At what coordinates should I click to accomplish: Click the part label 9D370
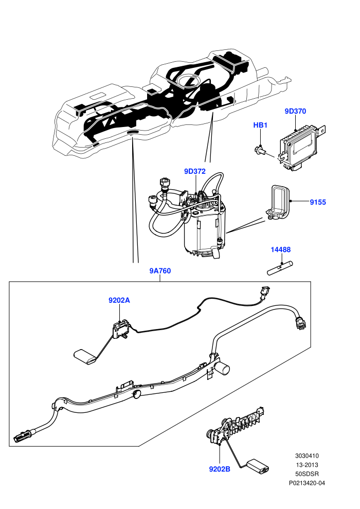295,111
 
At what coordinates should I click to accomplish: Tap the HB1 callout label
260,125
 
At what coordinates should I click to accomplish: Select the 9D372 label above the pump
195,171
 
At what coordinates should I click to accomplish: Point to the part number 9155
317,202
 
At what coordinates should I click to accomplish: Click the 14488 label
280,250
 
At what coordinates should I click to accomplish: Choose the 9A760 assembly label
160,271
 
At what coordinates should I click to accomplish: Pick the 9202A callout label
119,300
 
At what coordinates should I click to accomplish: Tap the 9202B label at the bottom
220,469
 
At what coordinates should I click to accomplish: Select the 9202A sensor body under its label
120,330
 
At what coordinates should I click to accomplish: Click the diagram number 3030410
307,456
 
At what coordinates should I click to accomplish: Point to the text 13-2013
307,465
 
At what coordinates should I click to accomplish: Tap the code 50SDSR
307,474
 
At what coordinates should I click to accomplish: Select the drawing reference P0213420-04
307,483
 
